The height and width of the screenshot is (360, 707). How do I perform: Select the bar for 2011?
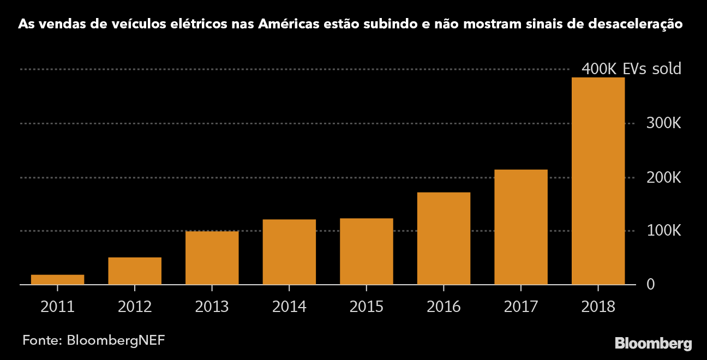click(57, 279)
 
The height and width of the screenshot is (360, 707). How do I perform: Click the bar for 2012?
click(135, 271)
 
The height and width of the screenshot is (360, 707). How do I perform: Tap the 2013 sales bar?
click(212, 258)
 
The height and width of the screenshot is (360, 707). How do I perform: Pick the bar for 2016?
click(444, 238)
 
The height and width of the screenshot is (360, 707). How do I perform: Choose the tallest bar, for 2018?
click(598, 181)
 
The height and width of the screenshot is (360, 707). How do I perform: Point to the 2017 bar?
click(521, 227)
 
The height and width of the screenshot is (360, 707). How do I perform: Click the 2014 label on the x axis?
click(289, 307)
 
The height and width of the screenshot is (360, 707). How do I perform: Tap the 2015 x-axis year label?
click(367, 307)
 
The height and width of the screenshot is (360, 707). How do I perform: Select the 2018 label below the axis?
click(598, 307)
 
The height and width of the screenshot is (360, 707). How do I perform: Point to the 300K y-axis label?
click(664, 124)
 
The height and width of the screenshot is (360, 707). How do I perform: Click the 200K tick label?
click(664, 178)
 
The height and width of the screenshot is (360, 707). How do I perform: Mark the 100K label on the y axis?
click(664, 231)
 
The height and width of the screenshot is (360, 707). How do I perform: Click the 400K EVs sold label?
click(631, 69)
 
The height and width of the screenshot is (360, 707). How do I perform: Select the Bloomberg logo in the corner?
click(653, 344)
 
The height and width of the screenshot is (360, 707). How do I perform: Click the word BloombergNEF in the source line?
click(116, 340)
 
